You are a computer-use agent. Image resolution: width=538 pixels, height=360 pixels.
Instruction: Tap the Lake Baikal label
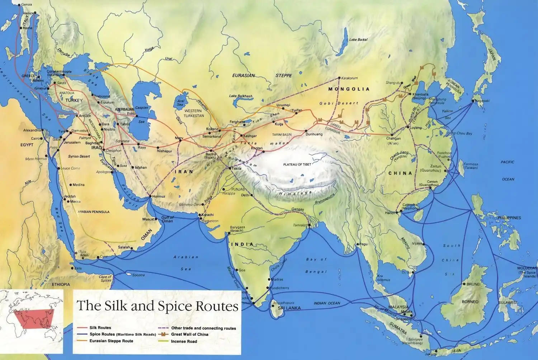tap(358, 39)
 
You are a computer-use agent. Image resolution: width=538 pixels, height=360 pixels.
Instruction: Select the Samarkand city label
tap(212, 136)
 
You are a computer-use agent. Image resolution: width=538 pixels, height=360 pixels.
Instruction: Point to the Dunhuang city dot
tap(307, 131)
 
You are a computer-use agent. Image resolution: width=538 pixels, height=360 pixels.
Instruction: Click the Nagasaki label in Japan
tap(482, 101)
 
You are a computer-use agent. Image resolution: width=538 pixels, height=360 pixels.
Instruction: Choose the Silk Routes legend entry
tap(100, 328)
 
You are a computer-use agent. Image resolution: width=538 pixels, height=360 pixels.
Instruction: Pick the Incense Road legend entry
tap(184, 341)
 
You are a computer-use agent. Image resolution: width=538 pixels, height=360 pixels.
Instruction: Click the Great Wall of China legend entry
tap(189, 335)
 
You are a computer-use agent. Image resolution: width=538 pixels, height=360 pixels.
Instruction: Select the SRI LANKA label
tap(289, 308)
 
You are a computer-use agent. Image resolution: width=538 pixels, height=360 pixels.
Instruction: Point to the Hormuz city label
tap(159, 196)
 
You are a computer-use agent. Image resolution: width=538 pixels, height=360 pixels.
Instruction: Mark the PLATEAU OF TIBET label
tap(297, 164)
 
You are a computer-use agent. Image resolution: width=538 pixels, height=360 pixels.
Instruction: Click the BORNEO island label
tap(470, 302)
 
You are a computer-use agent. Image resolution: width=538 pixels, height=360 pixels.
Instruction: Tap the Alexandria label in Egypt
tap(32, 130)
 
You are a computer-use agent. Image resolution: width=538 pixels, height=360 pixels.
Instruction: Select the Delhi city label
tap(245, 195)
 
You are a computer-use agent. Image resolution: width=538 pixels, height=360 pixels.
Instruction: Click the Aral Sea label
tap(180, 103)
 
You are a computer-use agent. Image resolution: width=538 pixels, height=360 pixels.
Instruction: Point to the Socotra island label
tap(138, 275)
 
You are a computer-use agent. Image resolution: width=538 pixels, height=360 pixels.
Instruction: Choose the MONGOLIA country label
tap(349, 89)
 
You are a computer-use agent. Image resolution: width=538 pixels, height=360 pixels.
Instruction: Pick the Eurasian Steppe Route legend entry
tap(111, 341)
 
